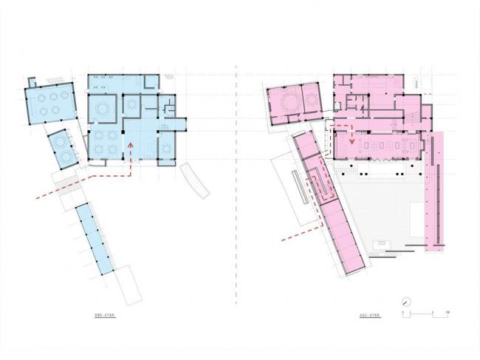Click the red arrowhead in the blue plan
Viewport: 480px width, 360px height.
(131, 146)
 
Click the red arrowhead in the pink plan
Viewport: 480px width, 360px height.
(352, 140)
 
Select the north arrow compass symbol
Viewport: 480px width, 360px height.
(405, 302)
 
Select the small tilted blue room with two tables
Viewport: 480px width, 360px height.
(62, 149)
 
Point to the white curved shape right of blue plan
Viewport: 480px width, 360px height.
(196, 180)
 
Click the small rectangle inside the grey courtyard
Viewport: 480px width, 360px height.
(382, 243)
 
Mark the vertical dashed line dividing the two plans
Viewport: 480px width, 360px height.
(236, 185)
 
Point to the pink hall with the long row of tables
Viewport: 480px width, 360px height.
(377, 143)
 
